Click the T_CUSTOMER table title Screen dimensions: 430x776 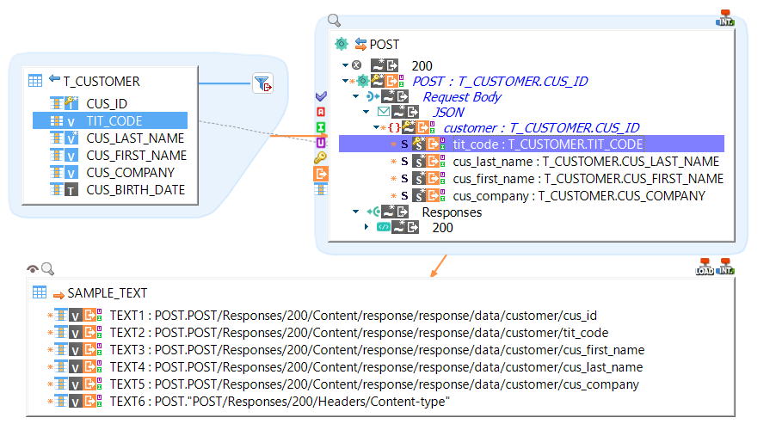[x=101, y=82]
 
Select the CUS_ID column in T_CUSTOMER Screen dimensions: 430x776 [x=107, y=103]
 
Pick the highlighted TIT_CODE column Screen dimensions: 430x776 [x=114, y=121]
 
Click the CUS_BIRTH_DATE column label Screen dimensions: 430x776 [x=135, y=190]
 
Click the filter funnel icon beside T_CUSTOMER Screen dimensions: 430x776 [x=262, y=83]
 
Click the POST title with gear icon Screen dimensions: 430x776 [x=384, y=44]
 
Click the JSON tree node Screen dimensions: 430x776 [x=447, y=112]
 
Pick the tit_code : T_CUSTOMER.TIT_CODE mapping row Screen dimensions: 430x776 [x=547, y=144]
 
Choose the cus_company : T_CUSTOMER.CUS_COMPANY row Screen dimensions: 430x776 [x=578, y=196]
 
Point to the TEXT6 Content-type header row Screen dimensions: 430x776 [x=280, y=402]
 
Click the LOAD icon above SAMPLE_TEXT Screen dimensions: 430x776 [x=704, y=267]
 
